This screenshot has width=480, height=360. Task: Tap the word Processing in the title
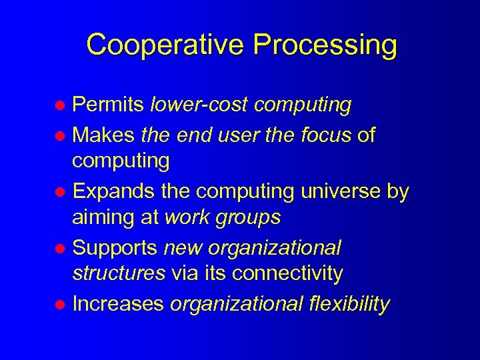coord(325,45)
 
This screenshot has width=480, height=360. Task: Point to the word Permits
coord(108,105)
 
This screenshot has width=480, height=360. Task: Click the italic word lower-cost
coord(199,105)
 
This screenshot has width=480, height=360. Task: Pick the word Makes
coord(104,135)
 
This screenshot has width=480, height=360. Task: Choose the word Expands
coord(113,191)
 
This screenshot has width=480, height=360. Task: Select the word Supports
coord(115,248)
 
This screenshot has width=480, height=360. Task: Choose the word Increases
coord(118,304)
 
